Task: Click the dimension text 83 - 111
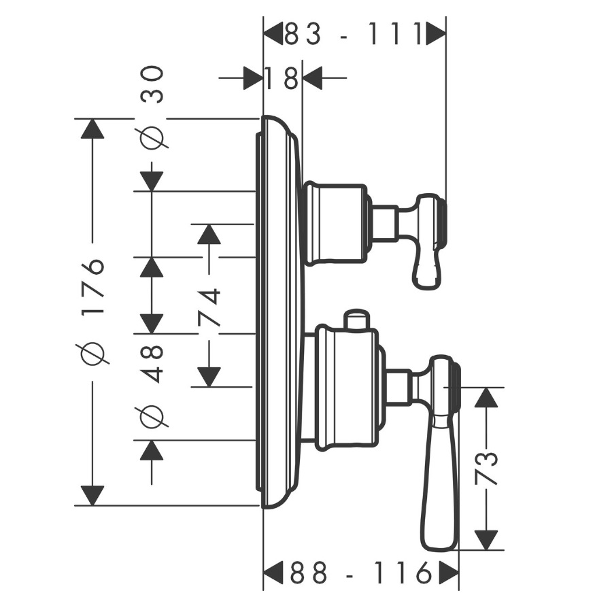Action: point(353,33)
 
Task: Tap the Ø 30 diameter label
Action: point(152,107)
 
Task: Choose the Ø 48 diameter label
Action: point(152,386)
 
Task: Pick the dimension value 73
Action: point(486,468)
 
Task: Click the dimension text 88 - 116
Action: point(362,573)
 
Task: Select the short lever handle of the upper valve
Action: point(429,241)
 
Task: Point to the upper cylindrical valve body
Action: point(337,223)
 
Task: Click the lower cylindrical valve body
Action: point(347,388)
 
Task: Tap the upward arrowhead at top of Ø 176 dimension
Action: point(92,128)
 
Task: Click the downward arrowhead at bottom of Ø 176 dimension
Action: point(92,496)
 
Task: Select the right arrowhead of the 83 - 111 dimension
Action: point(436,33)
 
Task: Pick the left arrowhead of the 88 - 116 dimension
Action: point(273,573)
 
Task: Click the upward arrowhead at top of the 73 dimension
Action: point(486,397)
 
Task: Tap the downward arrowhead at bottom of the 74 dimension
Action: point(209,377)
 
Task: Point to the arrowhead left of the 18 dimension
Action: point(252,78)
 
